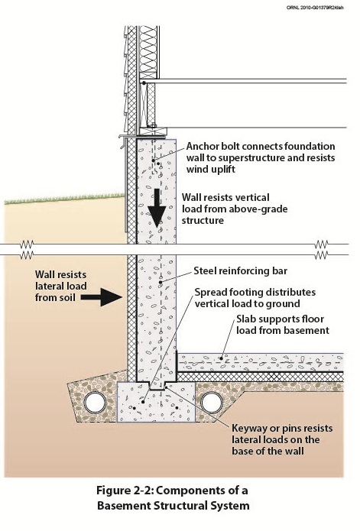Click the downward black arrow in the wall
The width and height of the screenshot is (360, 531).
click(157, 208)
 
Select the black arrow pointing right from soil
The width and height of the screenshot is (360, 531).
click(101, 297)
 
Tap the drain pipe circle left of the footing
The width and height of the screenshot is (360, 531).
click(96, 403)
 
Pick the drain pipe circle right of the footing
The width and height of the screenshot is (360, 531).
click(212, 403)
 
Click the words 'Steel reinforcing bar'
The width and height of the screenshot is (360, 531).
click(241, 271)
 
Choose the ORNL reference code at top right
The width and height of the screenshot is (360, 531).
click(315, 7)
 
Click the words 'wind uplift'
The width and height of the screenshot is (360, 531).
click(211, 170)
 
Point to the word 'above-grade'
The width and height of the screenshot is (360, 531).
click(258, 209)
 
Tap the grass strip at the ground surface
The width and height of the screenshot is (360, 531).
click(65, 199)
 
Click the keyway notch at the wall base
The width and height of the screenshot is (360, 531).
click(157, 386)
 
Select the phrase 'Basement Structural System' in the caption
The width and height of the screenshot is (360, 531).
click(174, 506)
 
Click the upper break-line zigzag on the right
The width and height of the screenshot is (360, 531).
click(321, 244)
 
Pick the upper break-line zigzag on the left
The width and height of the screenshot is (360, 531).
click(27, 244)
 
